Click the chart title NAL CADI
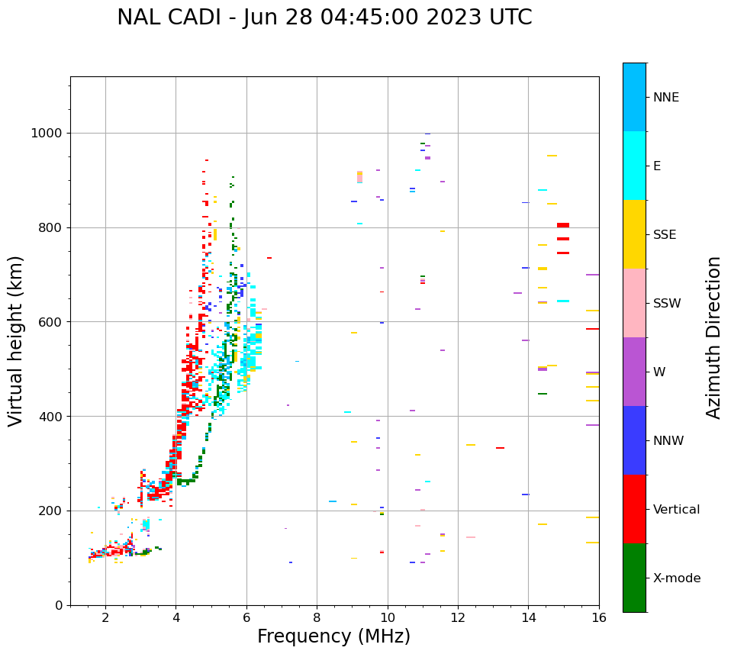pyautogui.click(x=324, y=18)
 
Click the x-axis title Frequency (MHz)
pyautogui.click(x=333, y=636)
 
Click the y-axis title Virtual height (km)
pyautogui.click(x=16, y=341)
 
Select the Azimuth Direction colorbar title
pyautogui.click(x=713, y=337)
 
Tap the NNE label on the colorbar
pyautogui.click(x=665, y=98)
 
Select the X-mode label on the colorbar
pyautogui.click(x=677, y=578)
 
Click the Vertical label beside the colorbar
pyautogui.click(x=676, y=510)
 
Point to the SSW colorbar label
pyautogui.click(x=667, y=304)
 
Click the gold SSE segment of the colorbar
pyautogui.click(x=634, y=234)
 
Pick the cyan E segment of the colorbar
pyautogui.click(x=634, y=166)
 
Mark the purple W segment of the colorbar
pyautogui.click(x=634, y=372)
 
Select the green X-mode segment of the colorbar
pyautogui.click(x=634, y=578)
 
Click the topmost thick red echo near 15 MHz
pyautogui.click(x=563, y=225)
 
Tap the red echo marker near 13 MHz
pyautogui.click(x=500, y=448)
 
